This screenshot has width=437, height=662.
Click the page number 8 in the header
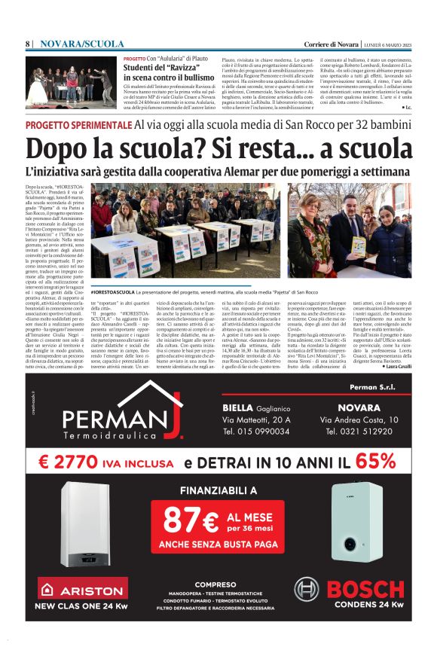(27, 44)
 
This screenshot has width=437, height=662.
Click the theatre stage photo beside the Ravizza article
(71, 81)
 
